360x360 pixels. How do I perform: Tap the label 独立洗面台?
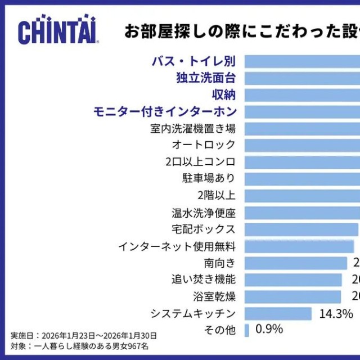(x=206, y=78)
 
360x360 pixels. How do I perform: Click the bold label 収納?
(x=223, y=94)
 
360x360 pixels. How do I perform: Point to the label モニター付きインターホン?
(x=165, y=111)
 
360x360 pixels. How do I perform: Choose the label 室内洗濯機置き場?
(x=193, y=128)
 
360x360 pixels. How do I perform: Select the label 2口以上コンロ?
(x=200, y=162)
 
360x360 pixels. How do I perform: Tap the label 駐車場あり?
(x=209, y=179)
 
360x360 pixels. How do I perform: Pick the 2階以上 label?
(x=217, y=196)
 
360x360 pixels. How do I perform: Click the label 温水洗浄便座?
(x=204, y=213)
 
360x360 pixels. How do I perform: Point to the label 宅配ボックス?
(x=204, y=229)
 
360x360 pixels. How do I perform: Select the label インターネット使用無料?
(x=177, y=246)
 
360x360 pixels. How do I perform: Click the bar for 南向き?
(x=296, y=263)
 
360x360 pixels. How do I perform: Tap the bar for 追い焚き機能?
(x=293, y=280)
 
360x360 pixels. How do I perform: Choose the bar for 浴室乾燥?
(x=292, y=296)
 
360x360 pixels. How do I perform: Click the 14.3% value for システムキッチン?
(x=336, y=313)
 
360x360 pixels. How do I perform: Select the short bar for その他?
(x=247, y=330)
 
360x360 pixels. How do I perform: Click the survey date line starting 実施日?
(x=84, y=336)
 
